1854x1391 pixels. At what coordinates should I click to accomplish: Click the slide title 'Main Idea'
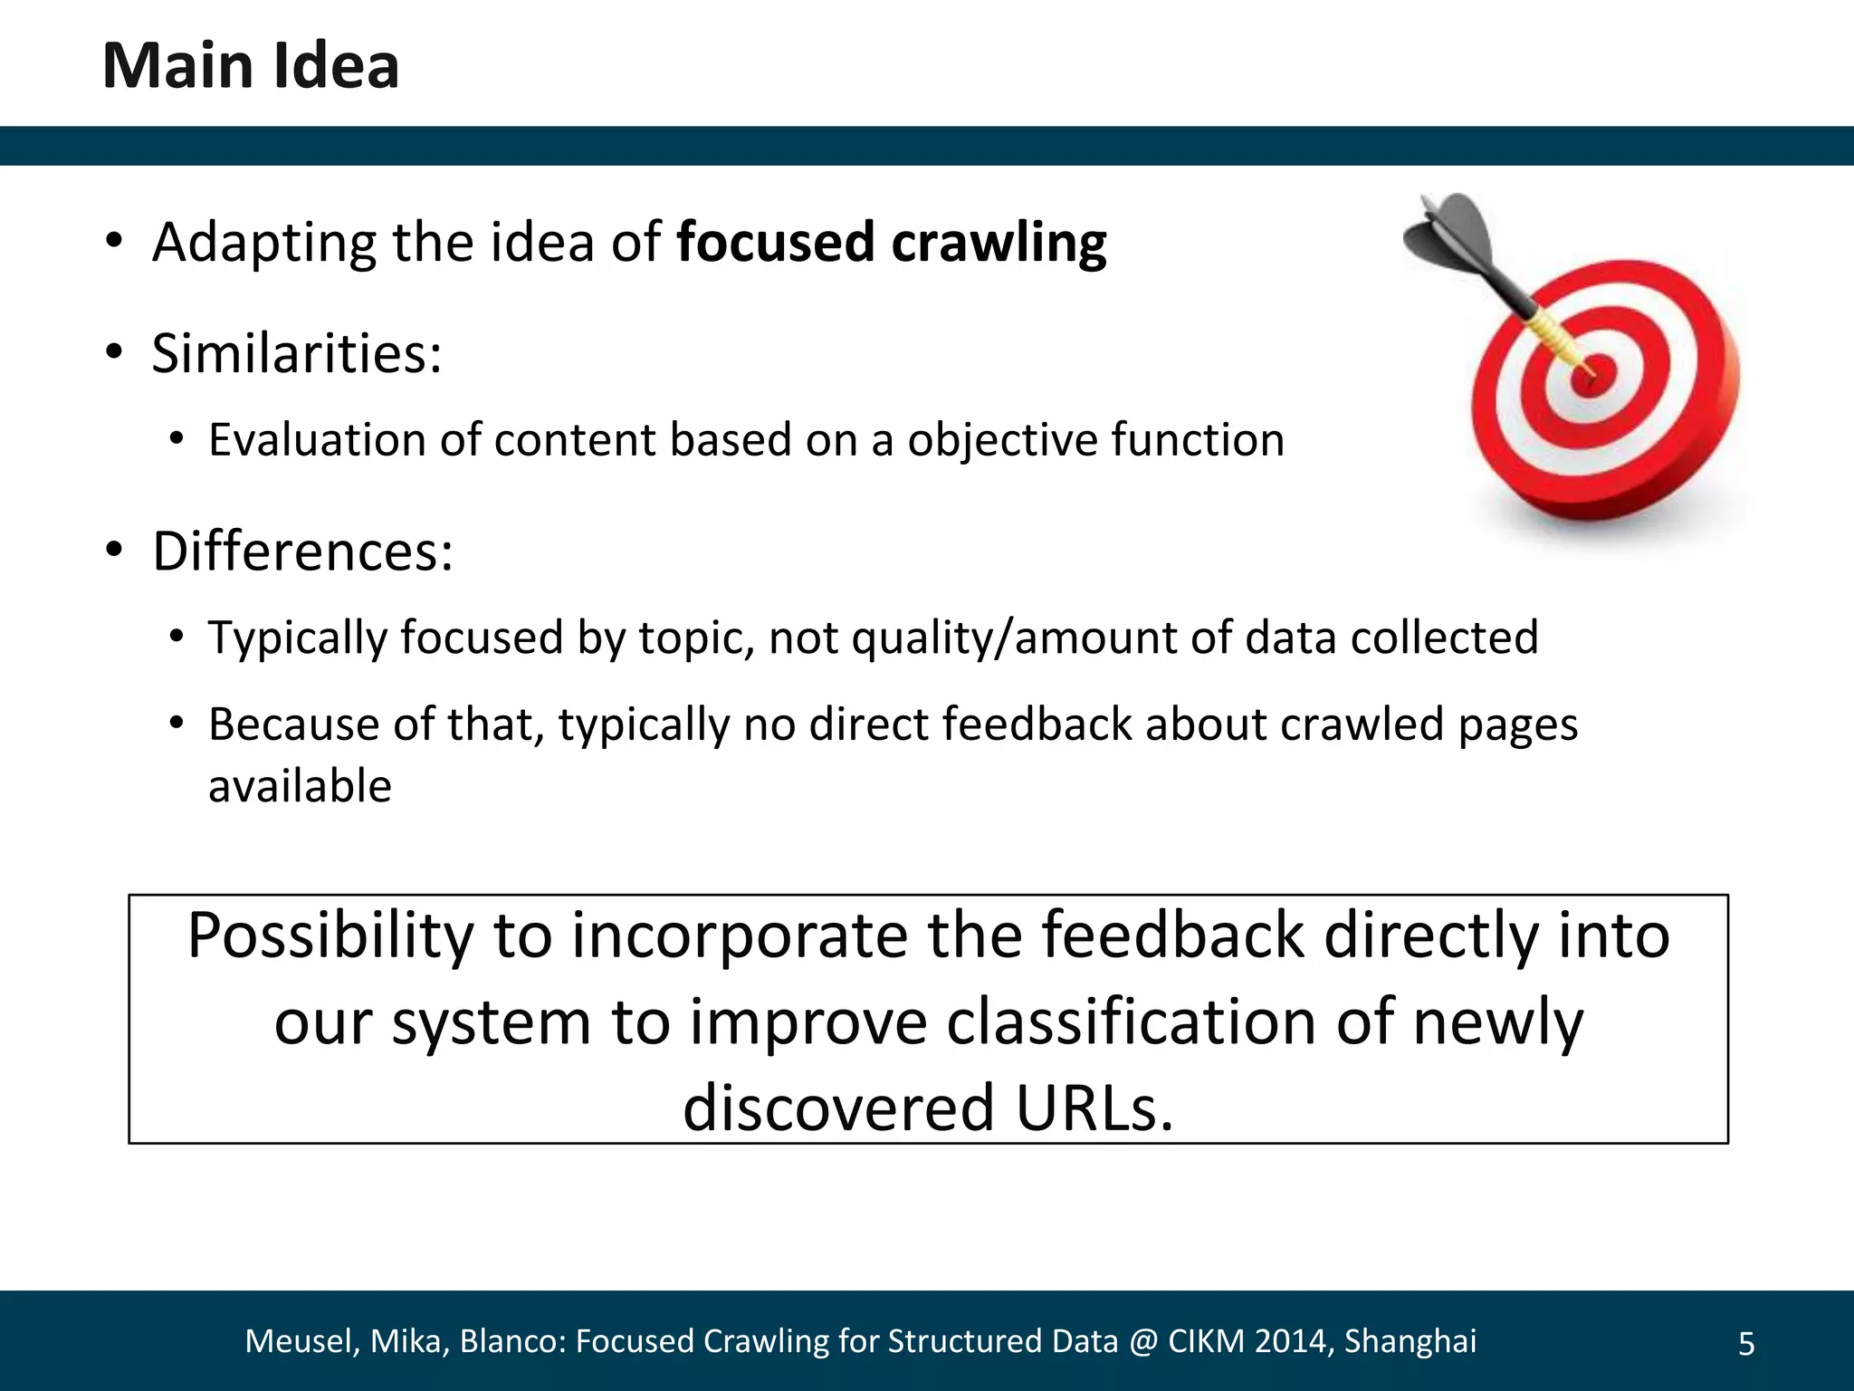251,66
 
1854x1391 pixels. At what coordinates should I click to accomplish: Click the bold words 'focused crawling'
891,243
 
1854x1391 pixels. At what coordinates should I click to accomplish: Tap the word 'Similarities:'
297,353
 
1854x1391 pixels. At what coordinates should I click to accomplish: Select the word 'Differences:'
302,551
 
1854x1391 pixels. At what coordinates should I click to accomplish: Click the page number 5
1746,1344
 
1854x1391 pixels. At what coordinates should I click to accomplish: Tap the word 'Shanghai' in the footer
1410,1341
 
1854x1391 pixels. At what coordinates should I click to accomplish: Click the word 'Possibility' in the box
330,936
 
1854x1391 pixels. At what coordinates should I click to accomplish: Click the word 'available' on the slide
300,786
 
